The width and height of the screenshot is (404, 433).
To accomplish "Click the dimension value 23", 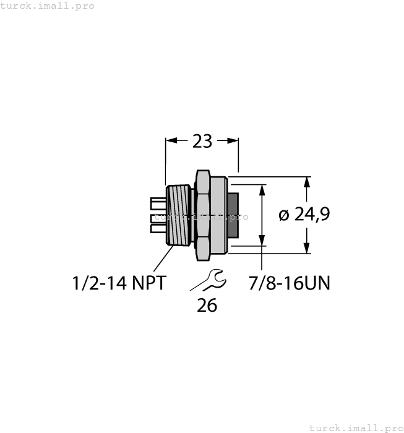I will tap(202, 142).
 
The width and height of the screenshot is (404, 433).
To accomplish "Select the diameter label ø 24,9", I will tap(304, 215).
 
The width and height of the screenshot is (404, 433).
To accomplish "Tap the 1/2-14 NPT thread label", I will tap(119, 283).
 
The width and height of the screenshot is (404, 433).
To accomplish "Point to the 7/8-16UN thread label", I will tap(289, 283).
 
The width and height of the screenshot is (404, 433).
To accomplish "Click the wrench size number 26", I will tap(207, 305).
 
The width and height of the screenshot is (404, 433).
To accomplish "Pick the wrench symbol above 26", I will tap(208, 281).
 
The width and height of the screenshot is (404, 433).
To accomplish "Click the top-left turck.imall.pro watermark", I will tap(48, 6).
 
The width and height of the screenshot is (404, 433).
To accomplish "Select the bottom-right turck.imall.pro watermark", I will tap(356, 427).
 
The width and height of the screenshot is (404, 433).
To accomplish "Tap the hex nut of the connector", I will tap(203, 215).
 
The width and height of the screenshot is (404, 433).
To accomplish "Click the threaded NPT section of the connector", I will tap(178, 215).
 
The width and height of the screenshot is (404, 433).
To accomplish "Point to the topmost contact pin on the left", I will tap(158, 203).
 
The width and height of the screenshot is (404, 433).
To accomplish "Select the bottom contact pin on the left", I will tap(158, 229).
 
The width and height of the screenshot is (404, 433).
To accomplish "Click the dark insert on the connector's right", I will tap(233, 215).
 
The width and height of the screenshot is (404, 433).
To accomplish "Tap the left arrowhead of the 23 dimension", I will tap(171, 141).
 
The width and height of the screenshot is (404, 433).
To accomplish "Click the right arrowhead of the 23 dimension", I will tap(233, 141).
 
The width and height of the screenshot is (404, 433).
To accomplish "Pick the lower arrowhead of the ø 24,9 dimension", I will tap(306, 249).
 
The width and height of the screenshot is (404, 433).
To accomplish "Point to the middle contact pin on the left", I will tap(158, 216).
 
